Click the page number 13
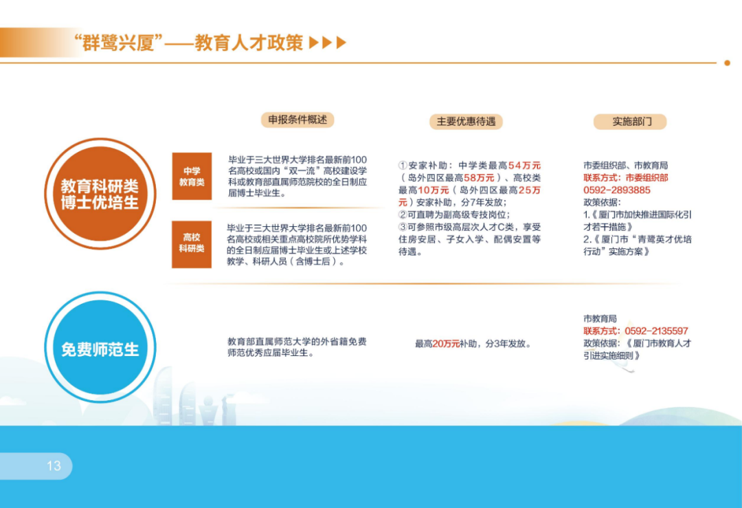54,466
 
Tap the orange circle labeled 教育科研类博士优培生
100,194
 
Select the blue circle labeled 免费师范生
100,348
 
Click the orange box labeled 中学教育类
192,176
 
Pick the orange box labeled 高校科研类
192,244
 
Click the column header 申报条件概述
297,120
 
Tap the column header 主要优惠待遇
466,122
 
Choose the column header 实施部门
630,122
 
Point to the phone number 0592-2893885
616,190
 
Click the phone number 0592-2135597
656,331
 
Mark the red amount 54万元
524,165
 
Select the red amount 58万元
479,177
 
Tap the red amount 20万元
446,344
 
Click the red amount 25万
530,190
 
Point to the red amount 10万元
434,190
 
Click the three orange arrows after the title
328,43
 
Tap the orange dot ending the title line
728,63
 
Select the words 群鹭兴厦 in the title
119,43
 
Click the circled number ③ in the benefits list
403,227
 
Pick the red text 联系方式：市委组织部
626,177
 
